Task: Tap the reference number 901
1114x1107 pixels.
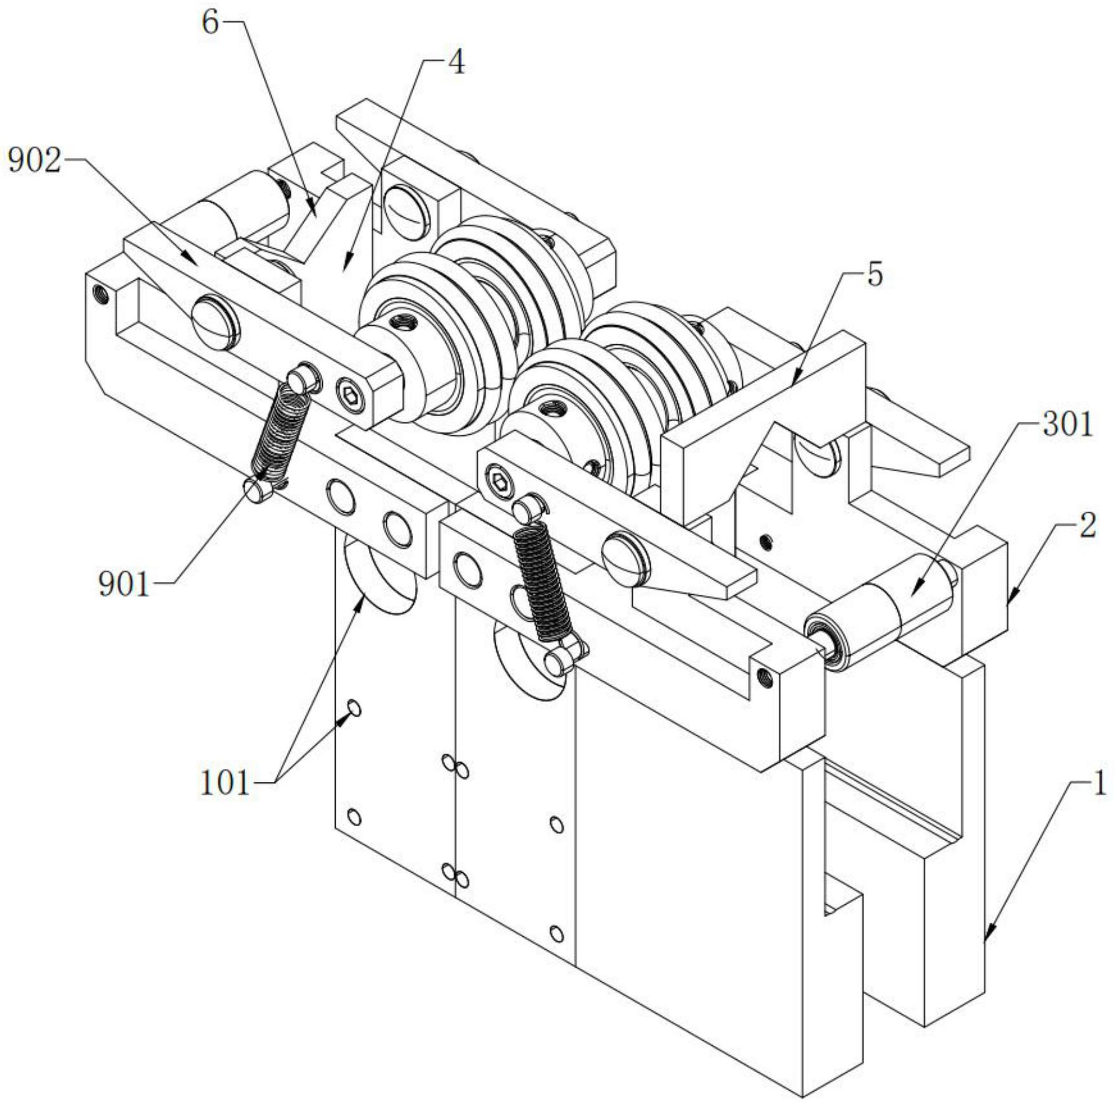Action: (124, 584)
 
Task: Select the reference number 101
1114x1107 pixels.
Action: (224, 784)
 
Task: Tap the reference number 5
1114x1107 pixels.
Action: (875, 274)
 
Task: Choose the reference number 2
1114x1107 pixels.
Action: (1087, 526)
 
